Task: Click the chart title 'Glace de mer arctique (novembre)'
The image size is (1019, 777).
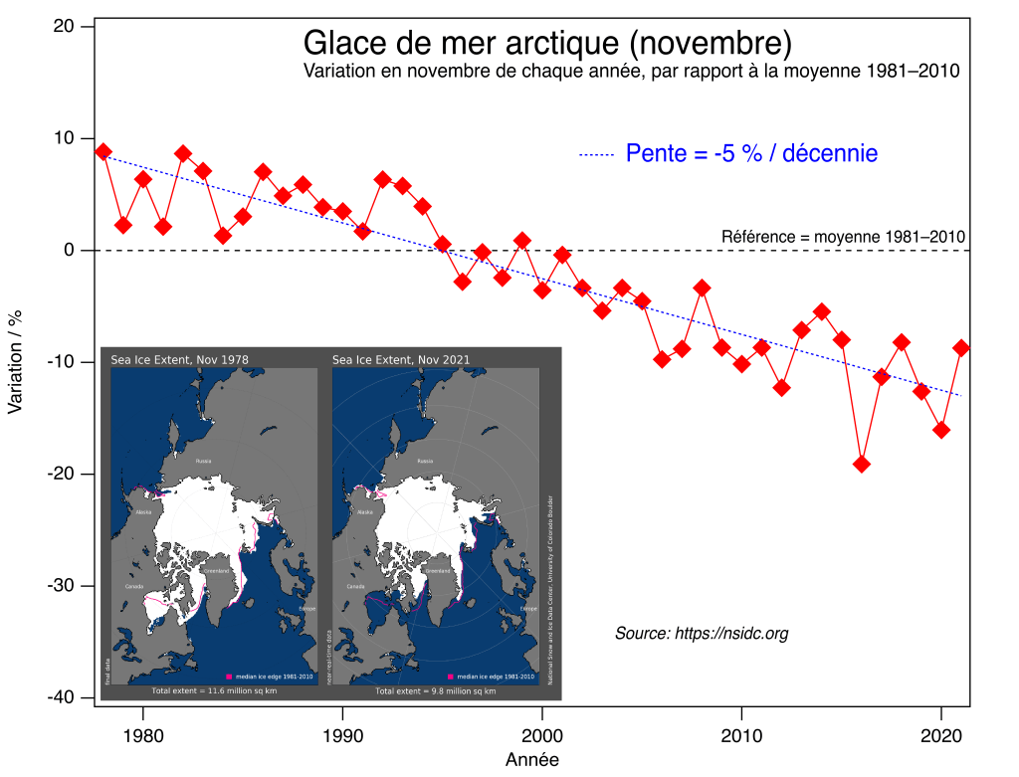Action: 546,44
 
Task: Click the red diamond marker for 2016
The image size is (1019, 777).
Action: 862,464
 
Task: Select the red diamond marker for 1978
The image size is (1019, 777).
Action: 103,151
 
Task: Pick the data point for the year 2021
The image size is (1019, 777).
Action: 961,347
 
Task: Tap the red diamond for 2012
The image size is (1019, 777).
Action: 782,387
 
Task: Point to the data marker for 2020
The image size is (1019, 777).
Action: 941,430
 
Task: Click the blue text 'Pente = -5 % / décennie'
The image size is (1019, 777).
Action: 751,153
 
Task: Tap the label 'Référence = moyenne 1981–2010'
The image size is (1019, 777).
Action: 843,237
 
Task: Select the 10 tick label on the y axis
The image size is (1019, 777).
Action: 67,138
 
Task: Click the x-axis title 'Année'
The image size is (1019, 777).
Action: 531,760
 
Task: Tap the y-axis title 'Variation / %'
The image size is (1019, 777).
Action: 15,361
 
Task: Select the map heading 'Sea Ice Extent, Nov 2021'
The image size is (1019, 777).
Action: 401,359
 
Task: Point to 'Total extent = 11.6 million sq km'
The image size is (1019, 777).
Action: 214,690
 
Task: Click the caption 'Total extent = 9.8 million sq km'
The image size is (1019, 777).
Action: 435,690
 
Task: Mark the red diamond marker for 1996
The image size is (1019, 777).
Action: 463,282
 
